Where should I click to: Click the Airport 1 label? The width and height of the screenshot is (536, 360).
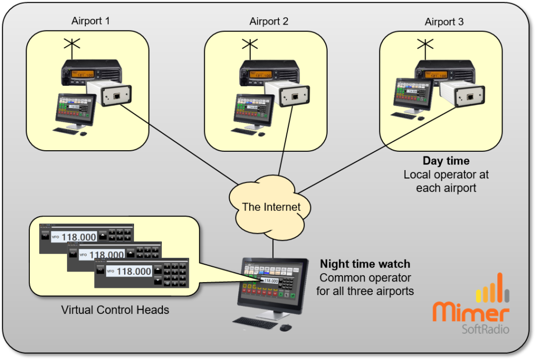tap(91, 21)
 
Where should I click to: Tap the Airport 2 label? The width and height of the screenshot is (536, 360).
tap(269, 21)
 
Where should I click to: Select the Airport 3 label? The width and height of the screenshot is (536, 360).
tap(444, 22)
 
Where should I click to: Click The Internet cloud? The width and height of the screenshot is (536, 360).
tap(271, 207)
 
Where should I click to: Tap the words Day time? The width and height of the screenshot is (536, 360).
tap(446, 161)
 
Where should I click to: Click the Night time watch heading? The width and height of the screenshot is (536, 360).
tap(365, 264)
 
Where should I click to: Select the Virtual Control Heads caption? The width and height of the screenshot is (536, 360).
tap(115, 310)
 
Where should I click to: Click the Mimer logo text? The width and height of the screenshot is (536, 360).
tap(471, 312)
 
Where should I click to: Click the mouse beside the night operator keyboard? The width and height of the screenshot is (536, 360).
tap(285, 328)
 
